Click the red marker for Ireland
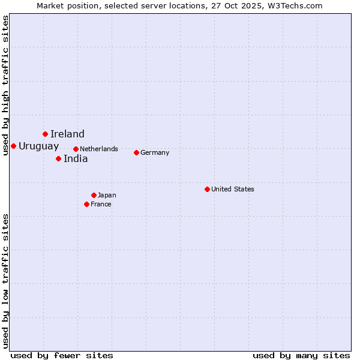[45, 134]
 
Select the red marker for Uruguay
[13, 146]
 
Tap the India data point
[58, 158]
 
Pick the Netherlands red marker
[76, 149]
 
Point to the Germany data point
[136, 152]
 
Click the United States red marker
[207, 189]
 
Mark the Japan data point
[94, 195]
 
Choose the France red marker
[86, 204]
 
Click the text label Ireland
[67, 134]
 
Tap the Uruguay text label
[39, 146]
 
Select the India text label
[76, 158]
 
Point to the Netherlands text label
[99, 149]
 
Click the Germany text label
[155, 152]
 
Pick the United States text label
[233, 189]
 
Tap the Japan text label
[107, 195]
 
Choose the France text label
[101, 204]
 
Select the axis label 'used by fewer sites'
[62, 355]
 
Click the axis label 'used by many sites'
[301, 355]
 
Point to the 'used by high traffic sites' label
[5, 85]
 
